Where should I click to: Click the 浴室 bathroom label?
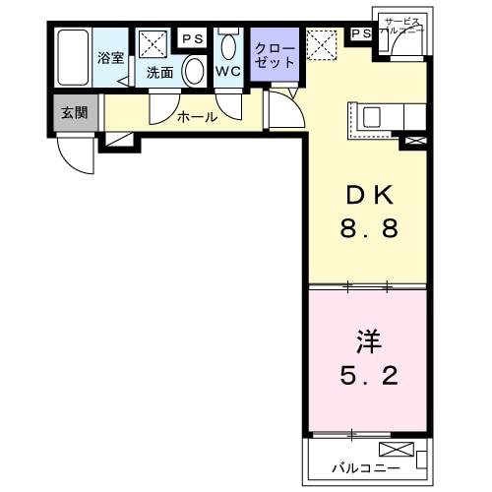pyautogui.click(x=110, y=58)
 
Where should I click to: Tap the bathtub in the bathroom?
pyautogui.click(x=73, y=59)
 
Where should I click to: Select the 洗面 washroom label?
pyautogui.click(x=159, y=72)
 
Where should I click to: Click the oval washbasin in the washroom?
pyautogui.click(x=194, y=70)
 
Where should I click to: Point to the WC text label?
pyautogui.click(x=228, y=72)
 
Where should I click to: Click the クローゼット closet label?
pyautogui.click(x=275, y=54)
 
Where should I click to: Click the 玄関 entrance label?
pyautogui.click(x=74, y=112)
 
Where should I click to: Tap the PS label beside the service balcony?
pyautogui.click(x=360, y=34)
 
